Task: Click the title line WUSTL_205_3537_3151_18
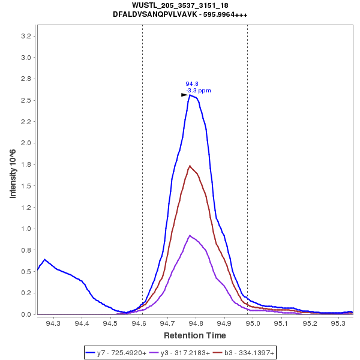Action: point(180,5)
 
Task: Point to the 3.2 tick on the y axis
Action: point(26,36)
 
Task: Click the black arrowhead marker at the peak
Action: point(185,95)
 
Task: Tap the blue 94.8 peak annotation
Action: point(192,84)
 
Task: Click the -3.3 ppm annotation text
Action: point(199,91)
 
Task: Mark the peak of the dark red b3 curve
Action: point(190,166)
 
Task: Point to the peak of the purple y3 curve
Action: point(190,235)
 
